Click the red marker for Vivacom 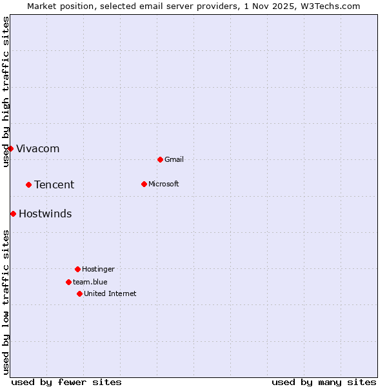10,148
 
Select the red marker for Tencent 28,184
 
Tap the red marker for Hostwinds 13,213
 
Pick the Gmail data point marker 160,159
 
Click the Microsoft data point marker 144,184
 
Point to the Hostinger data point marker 77,269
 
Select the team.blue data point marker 68,282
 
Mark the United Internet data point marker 79,293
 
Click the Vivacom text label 37,148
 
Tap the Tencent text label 54,184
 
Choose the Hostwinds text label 45,213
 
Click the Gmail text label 174,159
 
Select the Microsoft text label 164,184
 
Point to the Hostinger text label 98,269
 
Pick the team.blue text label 90,282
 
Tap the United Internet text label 110,293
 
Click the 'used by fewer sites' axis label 66,382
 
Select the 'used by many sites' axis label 324,382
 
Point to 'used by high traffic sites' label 6,92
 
